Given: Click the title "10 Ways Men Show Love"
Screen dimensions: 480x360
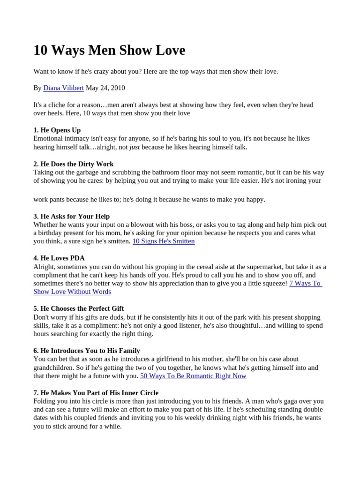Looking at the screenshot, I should (x=109, y=50).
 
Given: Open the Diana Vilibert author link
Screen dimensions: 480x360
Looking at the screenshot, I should (x=63, y=88).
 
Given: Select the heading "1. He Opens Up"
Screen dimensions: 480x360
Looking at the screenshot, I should (x=57, y=130).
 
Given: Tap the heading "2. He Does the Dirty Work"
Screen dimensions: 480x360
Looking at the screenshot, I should (x=74, y=164).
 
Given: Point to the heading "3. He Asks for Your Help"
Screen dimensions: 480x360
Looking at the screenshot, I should (x=72, y=216).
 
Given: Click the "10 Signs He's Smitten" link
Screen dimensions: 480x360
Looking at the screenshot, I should (x=164, y=241).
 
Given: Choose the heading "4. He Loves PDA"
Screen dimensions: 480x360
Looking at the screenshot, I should (x=59, y=258).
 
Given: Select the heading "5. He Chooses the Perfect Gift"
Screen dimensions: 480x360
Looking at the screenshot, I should (x=79, y=308).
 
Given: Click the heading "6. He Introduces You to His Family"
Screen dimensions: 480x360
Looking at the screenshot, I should (x=87, y=351).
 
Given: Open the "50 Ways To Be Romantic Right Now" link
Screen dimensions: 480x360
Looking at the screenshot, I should (x=193, y=376).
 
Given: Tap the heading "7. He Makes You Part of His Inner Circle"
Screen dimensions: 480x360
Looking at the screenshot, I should (x=96, y=393).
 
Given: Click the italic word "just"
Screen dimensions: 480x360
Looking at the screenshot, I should (x=135, y=147).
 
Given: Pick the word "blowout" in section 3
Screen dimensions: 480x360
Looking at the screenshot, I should (x=141, y=225).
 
